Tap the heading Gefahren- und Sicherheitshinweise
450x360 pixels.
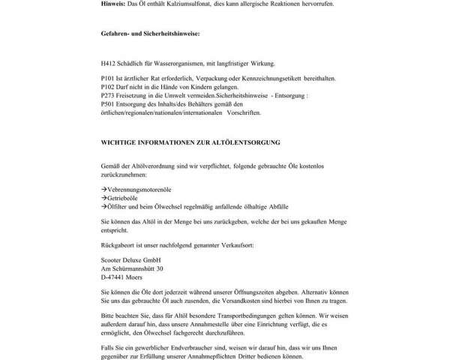(149, 34)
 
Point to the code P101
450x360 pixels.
(108, 79)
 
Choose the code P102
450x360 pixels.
(108, 87)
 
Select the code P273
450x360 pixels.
(108, 96)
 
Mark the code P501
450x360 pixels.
(108, 104)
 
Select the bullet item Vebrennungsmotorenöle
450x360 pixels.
(139, 188)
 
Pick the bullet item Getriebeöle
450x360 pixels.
(124, 196)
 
